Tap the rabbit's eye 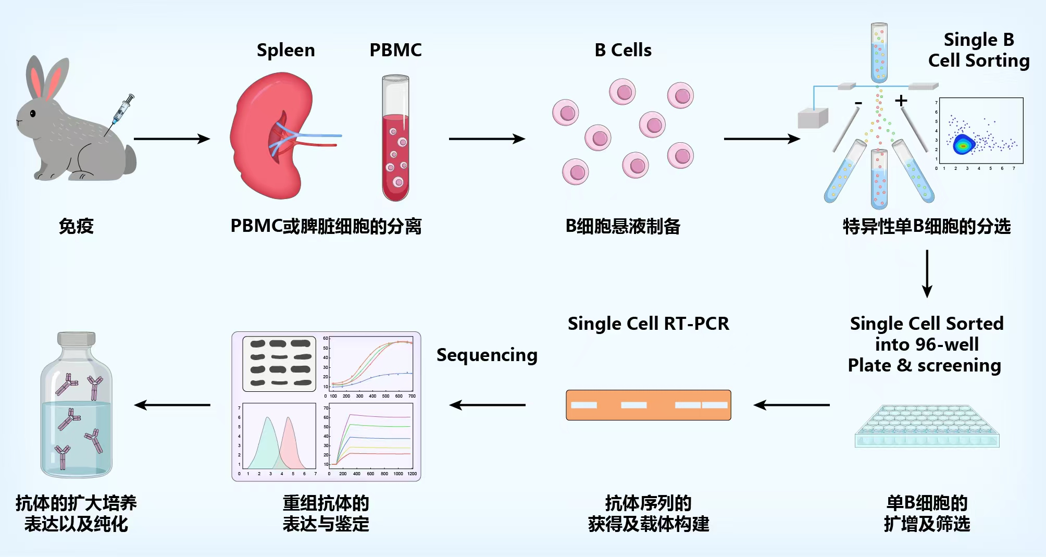coord(33,114)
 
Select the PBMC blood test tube coord(395,138)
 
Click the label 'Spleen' coord(285,50)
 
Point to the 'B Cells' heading coord(622,50)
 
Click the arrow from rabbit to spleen coord(171,139)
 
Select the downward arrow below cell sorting coord(927,274)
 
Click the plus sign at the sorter coord(901,101)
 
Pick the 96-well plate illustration coord(927,426)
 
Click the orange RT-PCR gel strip coord(648,405)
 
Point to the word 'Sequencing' coord(487,355)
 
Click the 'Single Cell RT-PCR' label coord(648,324)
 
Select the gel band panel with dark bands coord(279,364)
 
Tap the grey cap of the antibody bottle coord(76,339)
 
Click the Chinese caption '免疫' coord(76,226)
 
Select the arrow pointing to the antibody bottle coord(172,405)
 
